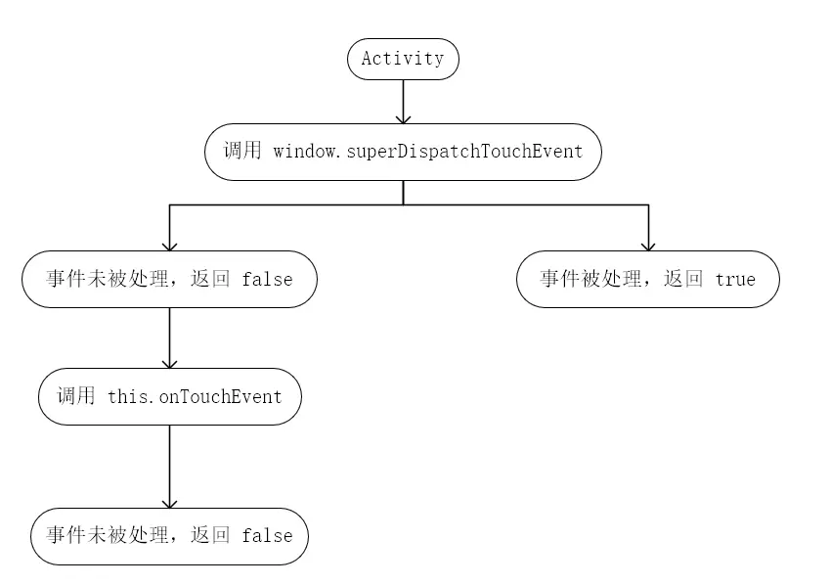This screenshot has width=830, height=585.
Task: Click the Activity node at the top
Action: tap(403, 59)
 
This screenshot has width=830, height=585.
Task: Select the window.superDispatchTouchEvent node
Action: tap(403, 152)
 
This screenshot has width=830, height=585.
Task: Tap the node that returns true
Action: tap(647, 279)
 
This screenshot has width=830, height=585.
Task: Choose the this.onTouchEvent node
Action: tap(169, 396)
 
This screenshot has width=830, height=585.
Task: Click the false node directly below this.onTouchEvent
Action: tap(169, 536)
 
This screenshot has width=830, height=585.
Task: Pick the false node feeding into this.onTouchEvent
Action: tap(169, 279)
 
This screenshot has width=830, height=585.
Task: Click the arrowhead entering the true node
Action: tap(647, 245)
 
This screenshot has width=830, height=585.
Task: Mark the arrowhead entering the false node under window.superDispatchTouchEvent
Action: tap(169, 245)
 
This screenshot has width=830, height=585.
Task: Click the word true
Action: tap(735, 280)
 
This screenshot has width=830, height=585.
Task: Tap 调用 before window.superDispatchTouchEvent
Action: tap(242, 152)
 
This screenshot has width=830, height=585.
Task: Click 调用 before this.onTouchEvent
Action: tap(76, 396)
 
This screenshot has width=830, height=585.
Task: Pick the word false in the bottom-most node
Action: tap(267, 536)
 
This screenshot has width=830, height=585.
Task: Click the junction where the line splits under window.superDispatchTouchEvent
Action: tap(403, 204)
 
